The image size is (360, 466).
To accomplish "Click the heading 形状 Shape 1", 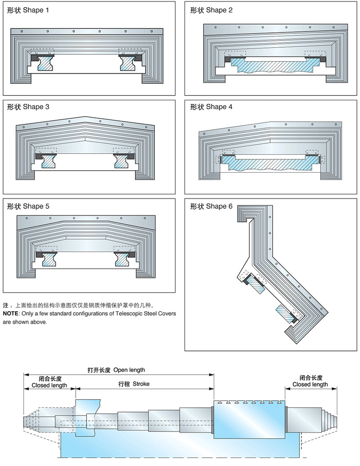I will pyautogui.click(x=28, y=10).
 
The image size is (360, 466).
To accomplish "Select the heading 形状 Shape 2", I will pyautogui.click(x=211, y=10).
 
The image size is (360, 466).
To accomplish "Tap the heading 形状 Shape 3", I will pyautogui.click(x=28, y=107).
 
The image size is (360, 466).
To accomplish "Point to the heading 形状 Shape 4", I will pyautogui.click(x=211, y=107).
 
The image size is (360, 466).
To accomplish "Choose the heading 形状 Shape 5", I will pyautogui.click(x=28, y=207).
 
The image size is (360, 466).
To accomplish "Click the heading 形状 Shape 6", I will pyautogui.click(x=211, y=207).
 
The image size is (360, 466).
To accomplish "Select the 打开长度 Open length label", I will pyautogui.click(x=116, y=369).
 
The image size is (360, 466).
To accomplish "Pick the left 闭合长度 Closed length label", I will pyautogui.click(x=49, y=382).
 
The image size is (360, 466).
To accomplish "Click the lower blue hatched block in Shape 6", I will pyautogui.click(x=284, y=314).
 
